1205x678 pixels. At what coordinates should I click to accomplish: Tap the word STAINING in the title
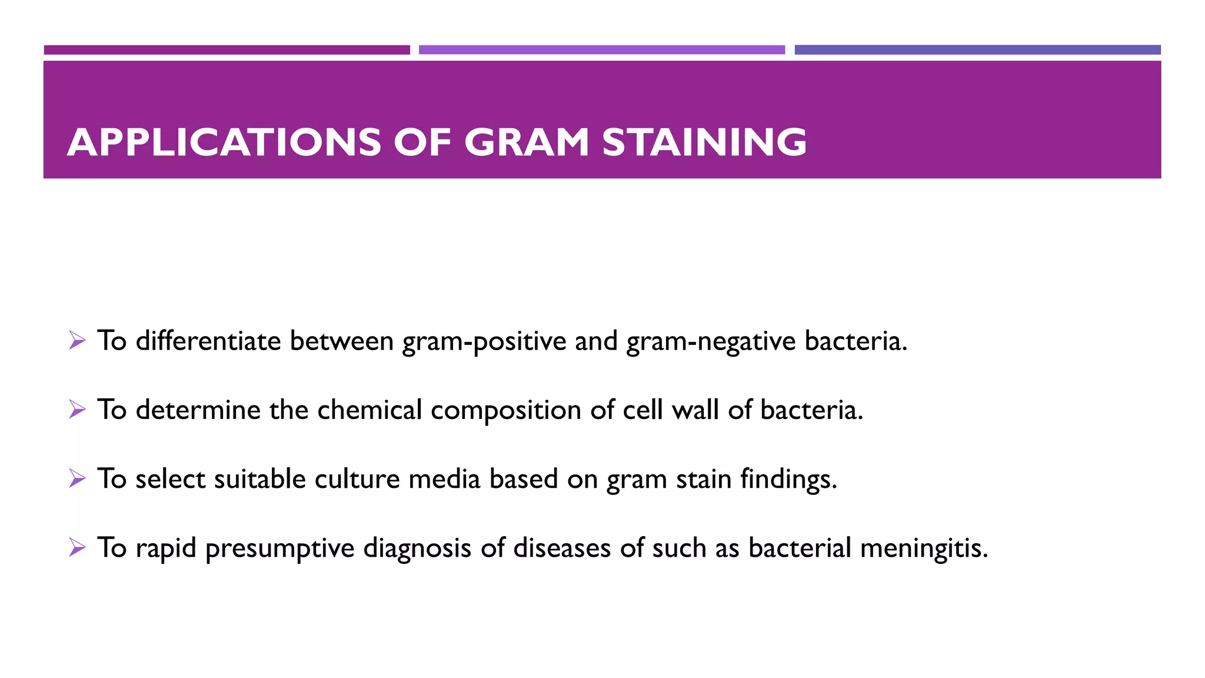click(704, 142)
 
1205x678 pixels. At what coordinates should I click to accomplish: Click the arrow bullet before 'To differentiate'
click(77, 340)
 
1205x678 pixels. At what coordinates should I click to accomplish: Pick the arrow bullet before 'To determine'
click(77, 409)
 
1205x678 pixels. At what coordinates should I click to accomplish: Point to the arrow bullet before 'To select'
click(77, 478)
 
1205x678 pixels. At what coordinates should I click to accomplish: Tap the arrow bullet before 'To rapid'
click(77, 547)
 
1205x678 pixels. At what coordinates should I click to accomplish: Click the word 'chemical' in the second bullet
click(369, 410)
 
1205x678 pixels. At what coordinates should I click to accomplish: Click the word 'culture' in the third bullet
click(357, 478)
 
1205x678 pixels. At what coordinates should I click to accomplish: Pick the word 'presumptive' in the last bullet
click(279, 549)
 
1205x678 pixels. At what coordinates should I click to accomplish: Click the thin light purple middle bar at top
click(601, 50)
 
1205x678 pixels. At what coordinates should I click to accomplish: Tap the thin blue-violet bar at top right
click(977, 50)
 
